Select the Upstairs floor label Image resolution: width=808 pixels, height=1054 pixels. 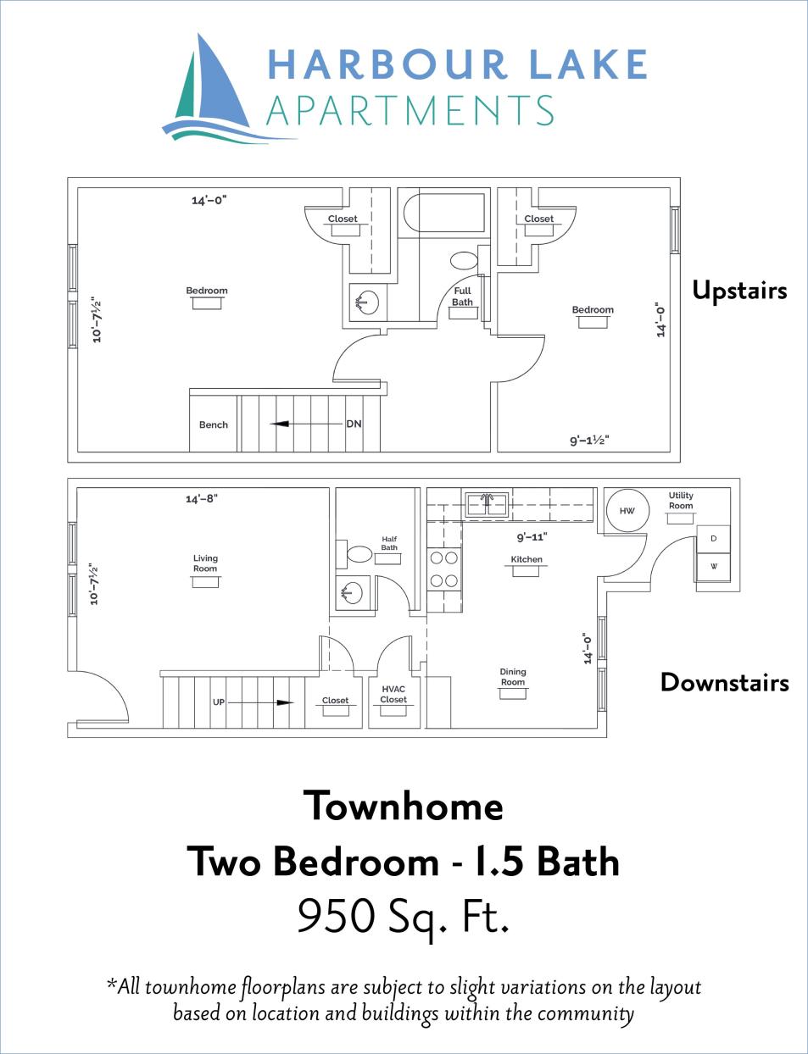point(739,291)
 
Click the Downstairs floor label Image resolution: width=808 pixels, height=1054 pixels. point(724,683)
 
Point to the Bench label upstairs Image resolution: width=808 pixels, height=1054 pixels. point(214,424)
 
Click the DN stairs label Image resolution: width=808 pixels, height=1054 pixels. point(354,424)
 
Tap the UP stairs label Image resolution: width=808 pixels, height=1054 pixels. point(219,702)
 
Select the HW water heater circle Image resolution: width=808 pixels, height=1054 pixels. point(627,511)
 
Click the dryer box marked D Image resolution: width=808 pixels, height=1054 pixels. point(713,539)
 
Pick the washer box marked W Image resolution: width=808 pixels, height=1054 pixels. point(713,566)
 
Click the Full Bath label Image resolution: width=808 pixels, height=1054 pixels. point(462,297)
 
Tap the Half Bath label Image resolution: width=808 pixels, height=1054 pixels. point(389,543)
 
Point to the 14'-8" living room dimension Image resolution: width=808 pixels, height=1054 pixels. point(202,499)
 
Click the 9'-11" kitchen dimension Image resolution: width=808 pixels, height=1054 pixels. point(532,537)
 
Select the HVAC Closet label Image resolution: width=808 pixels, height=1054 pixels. point(393,695)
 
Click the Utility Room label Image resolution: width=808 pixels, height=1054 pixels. point(681,501)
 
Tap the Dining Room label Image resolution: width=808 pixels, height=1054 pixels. point(513,677)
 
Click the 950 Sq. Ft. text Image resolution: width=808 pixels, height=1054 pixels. point(404,917)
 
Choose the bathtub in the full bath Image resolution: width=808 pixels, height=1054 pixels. point(443,213)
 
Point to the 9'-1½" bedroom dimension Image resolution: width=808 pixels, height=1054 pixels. point(589,441)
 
